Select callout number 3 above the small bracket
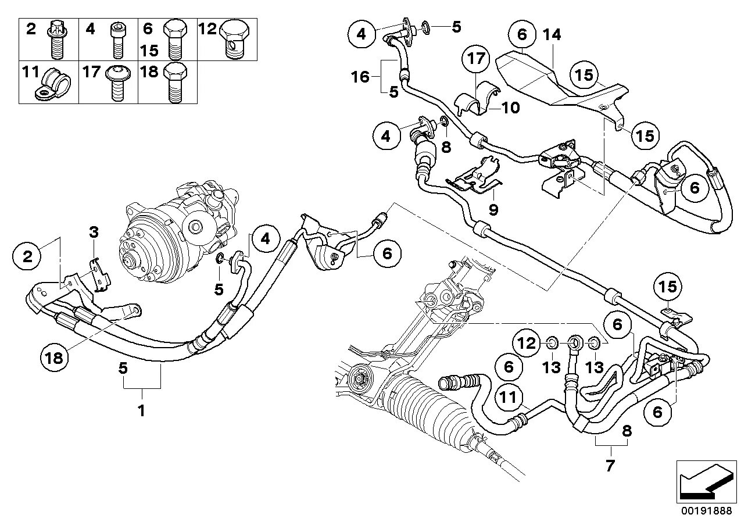point(94,233)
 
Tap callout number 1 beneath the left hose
point(140,410)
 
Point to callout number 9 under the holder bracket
point(493,209)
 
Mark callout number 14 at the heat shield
point(553,35)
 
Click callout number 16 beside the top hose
point(361,76)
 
